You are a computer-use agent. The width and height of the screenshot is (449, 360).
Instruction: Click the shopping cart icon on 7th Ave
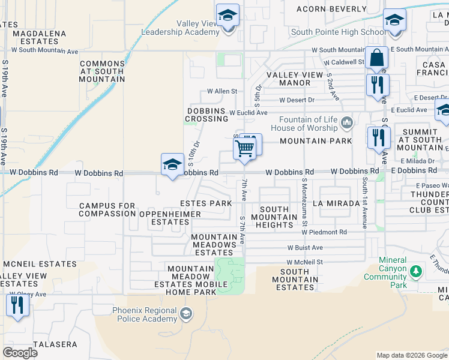(x=245, y=148)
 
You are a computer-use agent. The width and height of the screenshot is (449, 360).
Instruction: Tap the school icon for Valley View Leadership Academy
(x=228, y=16)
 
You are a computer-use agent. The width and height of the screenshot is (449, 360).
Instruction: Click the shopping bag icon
(x=376, y=59)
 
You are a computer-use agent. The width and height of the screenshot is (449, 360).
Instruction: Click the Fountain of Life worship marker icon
(x=347, y=124)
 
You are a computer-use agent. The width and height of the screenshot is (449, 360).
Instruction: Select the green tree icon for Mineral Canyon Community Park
(x=415, y=272)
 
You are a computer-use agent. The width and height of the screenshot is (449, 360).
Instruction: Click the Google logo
(x=20, y=353)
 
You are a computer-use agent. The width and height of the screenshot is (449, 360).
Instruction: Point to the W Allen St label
(x=222, y=92)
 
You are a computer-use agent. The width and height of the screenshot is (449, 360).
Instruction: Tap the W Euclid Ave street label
(x=248, y=112)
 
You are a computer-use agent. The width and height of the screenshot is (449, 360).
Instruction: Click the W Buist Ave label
(x=305, y=247)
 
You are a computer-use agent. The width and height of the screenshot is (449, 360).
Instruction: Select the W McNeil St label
(x=304, y=262)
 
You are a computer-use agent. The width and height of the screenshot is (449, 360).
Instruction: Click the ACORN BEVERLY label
(x=332, y=9)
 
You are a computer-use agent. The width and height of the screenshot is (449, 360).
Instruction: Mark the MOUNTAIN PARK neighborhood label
(x=315, y=141)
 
